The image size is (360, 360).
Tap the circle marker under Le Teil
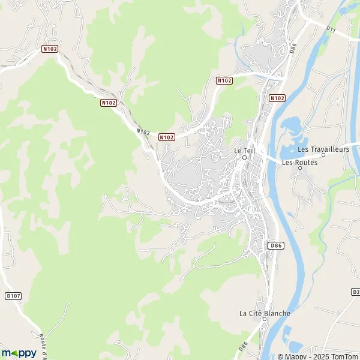click(x=245, y=158)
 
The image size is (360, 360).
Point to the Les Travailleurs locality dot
click(x=323, y=155)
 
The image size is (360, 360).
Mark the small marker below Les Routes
click(x=300, y=168)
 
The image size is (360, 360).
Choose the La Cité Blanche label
click(x=265, y=313)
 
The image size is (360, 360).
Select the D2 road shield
click(x=355, y=292)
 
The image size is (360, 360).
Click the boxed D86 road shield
click(x=275, y=245)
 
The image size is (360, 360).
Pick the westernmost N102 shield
click(x=50, y=49)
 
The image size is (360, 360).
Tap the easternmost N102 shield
click(x=277, y=98)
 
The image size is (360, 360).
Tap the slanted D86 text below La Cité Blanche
click(x=244, y=346)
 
